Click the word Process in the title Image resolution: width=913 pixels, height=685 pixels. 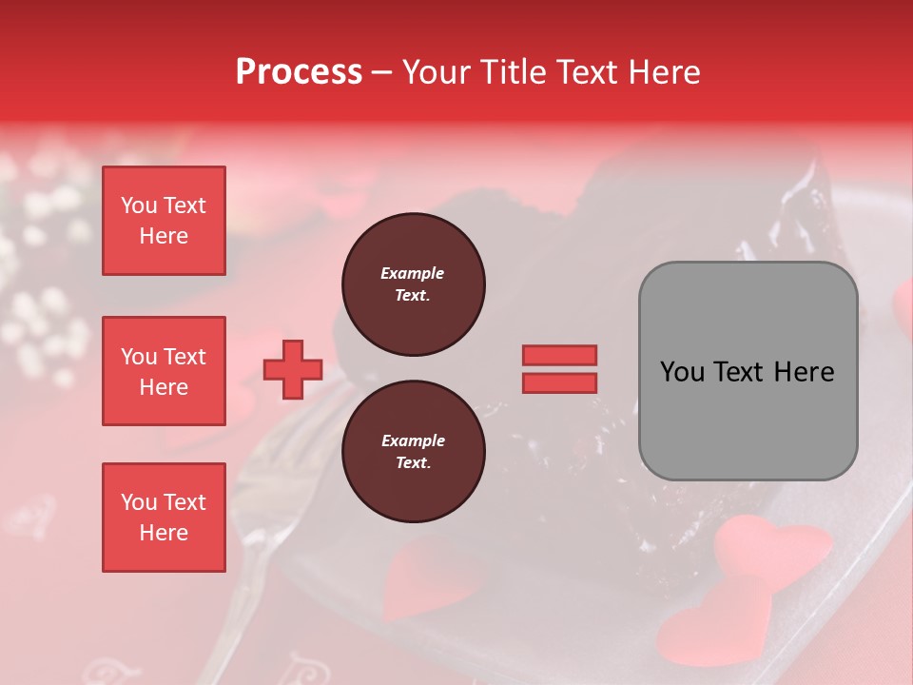[x=299, y=72]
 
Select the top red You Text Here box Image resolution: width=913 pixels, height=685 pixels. [x=164, y=221]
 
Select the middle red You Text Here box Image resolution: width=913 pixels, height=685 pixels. [x=164, y=371]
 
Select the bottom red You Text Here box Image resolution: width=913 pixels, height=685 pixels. [x=164, y=518]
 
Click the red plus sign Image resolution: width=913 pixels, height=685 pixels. [x=292, y=369]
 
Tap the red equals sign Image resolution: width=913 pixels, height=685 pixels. [x=559, y=369]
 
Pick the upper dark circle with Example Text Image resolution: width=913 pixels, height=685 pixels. [x=413, y=284]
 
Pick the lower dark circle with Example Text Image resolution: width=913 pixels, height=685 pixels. [x=413, y=452]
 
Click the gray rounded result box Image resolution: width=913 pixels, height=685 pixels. [x=748, y=371]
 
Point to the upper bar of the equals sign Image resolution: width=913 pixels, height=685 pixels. [x=559, y=356]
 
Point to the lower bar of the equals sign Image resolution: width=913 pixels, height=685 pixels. [x=559, y=382]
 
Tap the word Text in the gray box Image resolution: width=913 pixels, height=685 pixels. [x=738, y=372]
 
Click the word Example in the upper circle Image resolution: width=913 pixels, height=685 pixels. [x=412, y=273]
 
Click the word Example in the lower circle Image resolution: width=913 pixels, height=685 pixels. [x=413, y=440]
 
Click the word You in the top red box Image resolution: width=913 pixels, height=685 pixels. [x=138, y=205]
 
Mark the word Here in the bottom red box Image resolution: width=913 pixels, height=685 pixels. [x=164, y=533]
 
